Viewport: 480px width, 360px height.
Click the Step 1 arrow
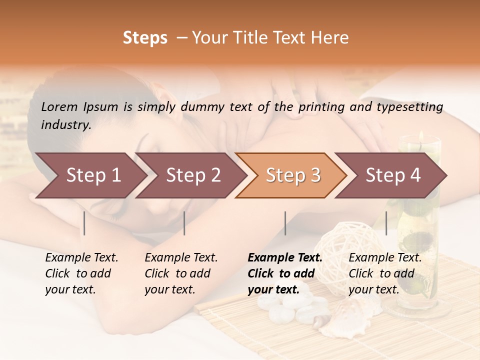pyautogui.click(x=90, y=175)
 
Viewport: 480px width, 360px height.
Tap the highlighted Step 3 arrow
pyautogui.click(x=291, y=175)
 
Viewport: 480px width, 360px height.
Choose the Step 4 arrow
pyautogui.click(x=391, y=175)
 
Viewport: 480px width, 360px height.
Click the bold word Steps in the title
pyautogui.click(x=145, y=38)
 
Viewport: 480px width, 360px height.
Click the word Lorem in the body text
pyautogui.click(x=59, y=106)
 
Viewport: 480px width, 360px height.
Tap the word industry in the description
pyautogui.click(x=66, y=124)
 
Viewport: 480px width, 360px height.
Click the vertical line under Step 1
pyautogui.click(x=84, y=223)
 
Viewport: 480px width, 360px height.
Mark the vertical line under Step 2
pyautogui.click(x=184, y=223)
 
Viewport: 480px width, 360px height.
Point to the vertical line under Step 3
pyautogui.click(x=285, y=223)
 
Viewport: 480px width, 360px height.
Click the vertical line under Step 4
pyautogui.click(x=386, y=223)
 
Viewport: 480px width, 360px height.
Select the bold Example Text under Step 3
pyautogui.click(x=285, y=258)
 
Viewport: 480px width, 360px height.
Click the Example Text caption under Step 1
pyautogui.click(x=81, y=258)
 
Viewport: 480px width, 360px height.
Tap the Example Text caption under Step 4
pyautogui.click(x=385, y=258)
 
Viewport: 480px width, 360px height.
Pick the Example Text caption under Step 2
pyautogui.click(x=181, y=258)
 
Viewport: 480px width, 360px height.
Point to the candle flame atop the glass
pyautogui.click(x=421, y=135)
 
